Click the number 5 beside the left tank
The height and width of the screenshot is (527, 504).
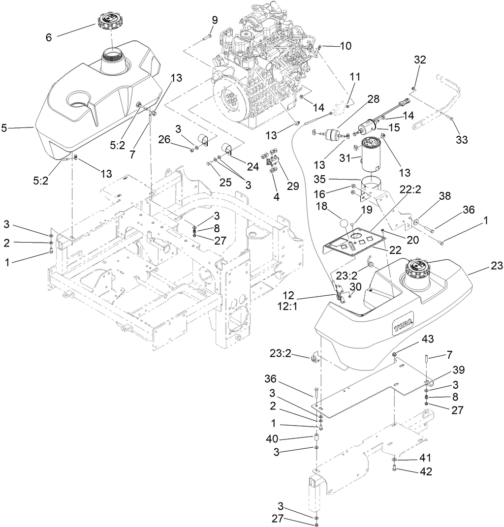click(x=4, y=128)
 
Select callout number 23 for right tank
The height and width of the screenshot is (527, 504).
click(x=497, y=266)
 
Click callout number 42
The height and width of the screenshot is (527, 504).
click(x=426, y=471)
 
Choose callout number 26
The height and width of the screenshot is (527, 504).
click(x=178, y=140)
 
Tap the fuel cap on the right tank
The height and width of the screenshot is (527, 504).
click(x=417, y=270)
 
